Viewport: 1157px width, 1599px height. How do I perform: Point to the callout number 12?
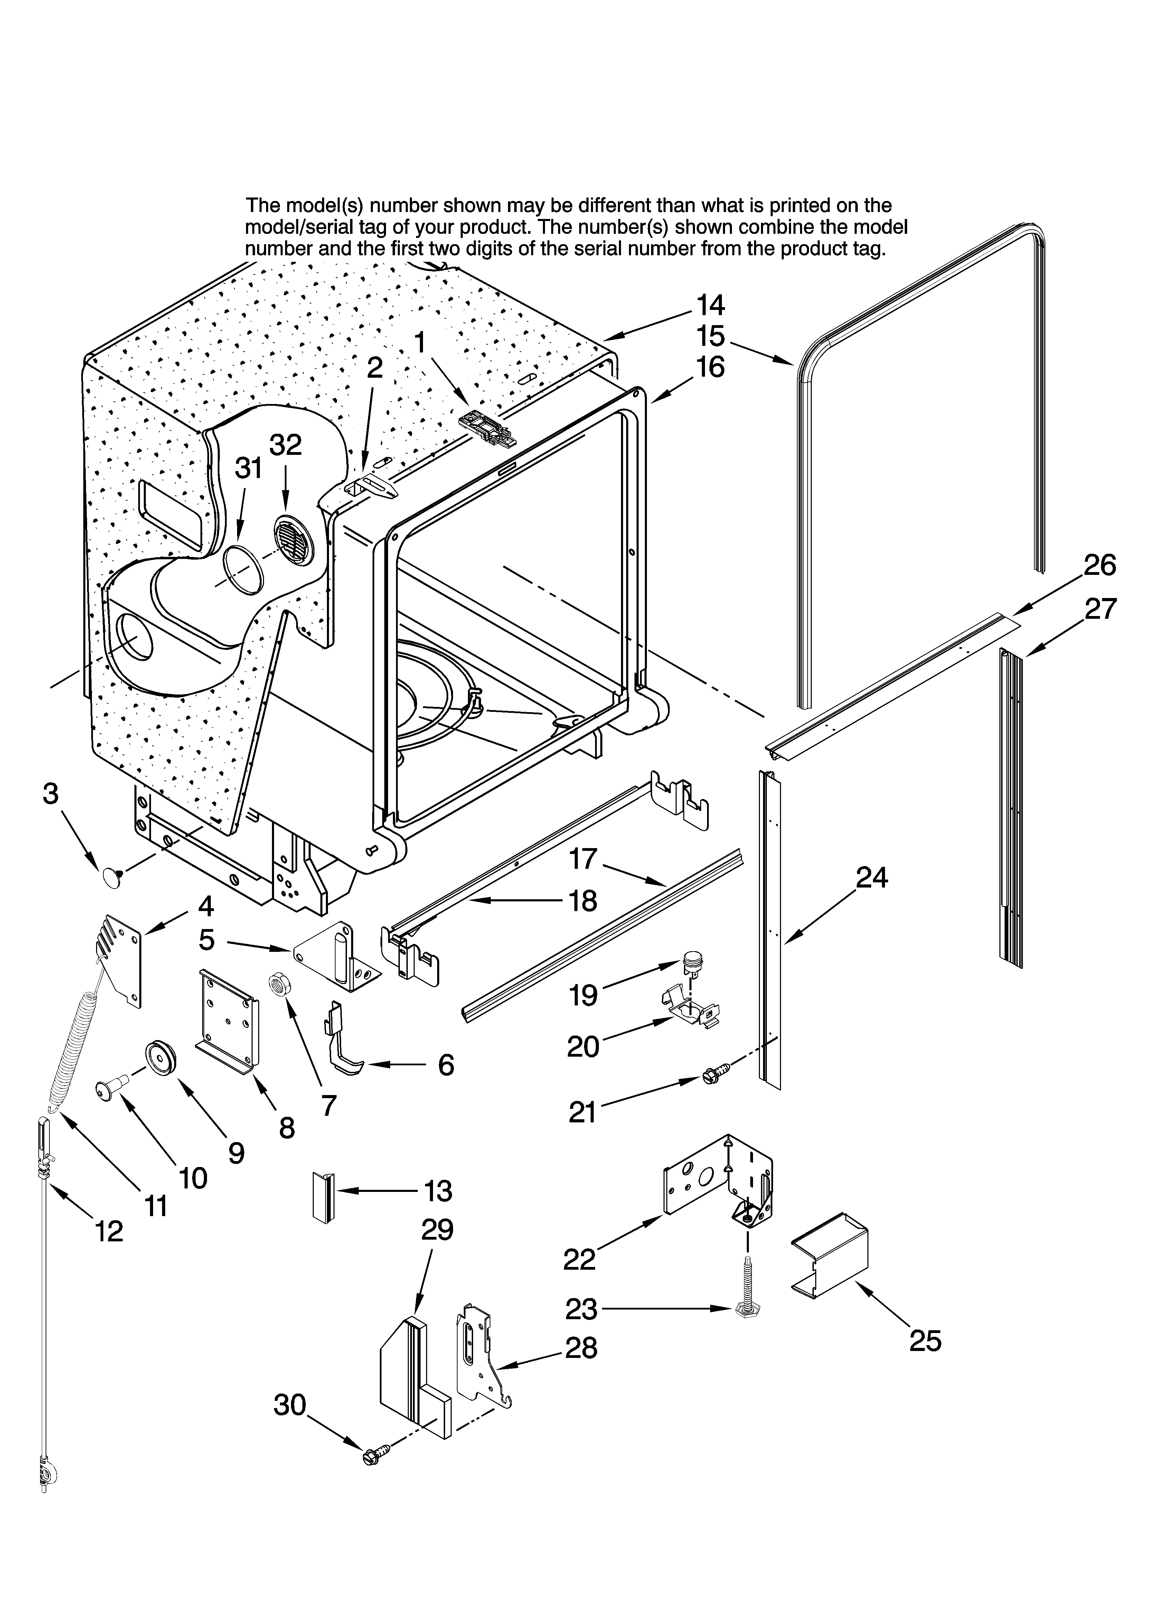109,1232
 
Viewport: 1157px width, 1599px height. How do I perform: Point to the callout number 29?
437,1230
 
